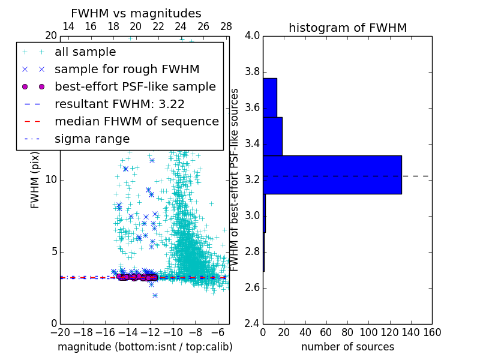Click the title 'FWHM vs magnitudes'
[136, 13]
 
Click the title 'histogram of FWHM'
[347, 28]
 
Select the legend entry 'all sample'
[85, 52]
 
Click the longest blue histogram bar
[332, 175]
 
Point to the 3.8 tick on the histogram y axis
[253, 71]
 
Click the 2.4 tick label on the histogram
[253, 323]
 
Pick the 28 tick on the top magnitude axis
[226, 26]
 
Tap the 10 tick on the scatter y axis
[52, 179]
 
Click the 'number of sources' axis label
[347, 347]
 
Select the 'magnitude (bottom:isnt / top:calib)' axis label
[145, 347]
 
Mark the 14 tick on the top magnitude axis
[68, 26]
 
